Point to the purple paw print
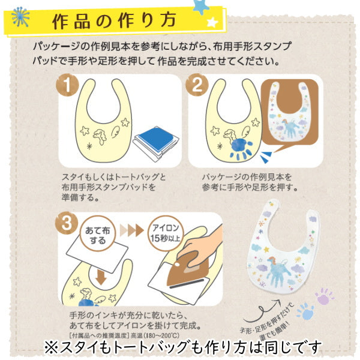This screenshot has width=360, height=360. pos(325,296)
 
